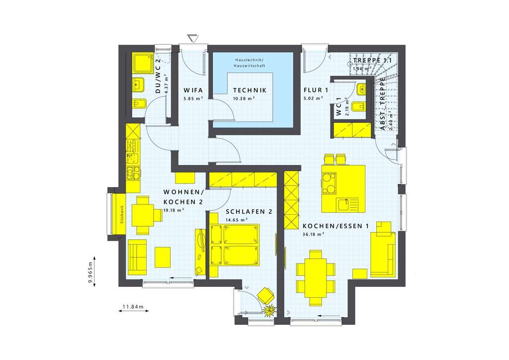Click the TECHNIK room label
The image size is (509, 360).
click(250, 90)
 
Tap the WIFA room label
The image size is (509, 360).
click(192, 90)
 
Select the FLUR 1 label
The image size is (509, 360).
click(316, 90)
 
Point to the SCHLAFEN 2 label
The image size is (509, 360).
click(249, 212)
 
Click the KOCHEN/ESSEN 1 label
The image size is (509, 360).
click(335, 226)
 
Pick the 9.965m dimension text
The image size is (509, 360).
click(90, 272)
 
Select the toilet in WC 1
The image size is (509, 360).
click(358, 107)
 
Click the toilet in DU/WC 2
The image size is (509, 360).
click(138, 103)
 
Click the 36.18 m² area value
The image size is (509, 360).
click(313, 234)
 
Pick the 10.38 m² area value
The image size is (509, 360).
click(244, 98)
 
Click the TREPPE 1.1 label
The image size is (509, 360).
click(372, 61)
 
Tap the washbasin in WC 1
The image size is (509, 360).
click(361, 89)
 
